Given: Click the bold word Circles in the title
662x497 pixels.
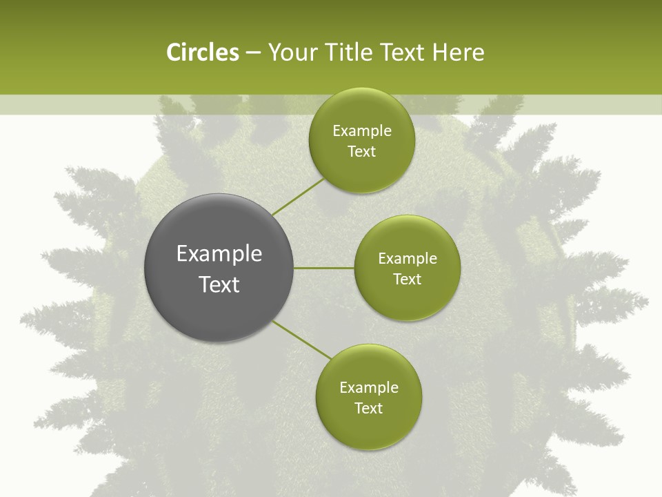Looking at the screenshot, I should pyautogui.click(x=202, y=52).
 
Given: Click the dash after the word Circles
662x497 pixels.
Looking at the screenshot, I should pyautogui.click(x=253, y=52).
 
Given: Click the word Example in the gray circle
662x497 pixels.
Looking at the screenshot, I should pyautogui.click(x=219, y=254).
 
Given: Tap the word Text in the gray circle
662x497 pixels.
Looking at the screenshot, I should pyautogui.click(x=219, y=284).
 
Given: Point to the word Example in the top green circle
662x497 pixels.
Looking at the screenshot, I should pyautogui.click(x=361, y=131).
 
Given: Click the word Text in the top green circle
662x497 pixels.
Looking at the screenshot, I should pyautogui.click(x=361, y=152).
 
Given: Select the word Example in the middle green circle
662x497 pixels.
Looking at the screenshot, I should pyautogui.click(x=407, y=259).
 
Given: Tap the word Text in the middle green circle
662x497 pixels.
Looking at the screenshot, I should pyautogui.click(x=407, y=280).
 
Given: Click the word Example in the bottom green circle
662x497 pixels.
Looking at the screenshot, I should pyautogui.click(x=368, y=388).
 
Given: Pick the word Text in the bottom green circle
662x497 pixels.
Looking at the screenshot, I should pyautogui.click(x=368, y=409).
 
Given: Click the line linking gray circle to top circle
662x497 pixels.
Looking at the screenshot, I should pyautogui.click(x=299, y=197).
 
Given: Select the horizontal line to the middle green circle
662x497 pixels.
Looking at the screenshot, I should pyautogui.click(x=324, y=268).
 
